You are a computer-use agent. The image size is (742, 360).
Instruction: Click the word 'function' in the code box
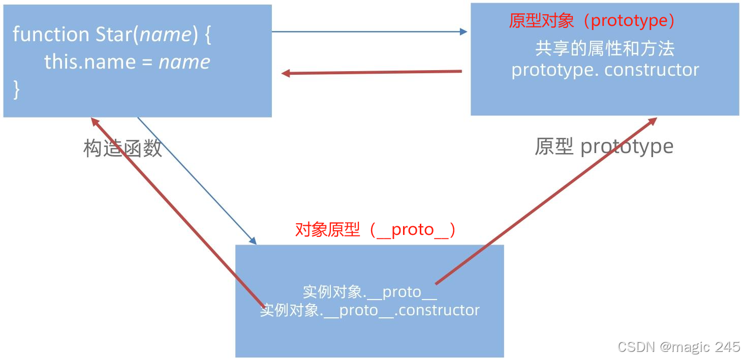(x=51, y=35)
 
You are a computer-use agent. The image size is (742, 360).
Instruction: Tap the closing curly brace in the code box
(x=16, y=89)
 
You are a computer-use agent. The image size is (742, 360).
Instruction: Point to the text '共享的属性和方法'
(x=605, y=49)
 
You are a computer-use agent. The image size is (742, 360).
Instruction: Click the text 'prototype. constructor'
(x=605, y=70)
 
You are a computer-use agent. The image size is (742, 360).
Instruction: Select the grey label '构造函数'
(x=122, y=148)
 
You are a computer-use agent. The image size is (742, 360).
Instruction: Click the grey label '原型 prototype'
(x=604, y=146)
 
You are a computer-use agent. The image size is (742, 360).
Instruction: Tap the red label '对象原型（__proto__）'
(x=376, y=230)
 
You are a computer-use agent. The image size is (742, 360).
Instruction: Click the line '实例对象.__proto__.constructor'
(x=369, y=310)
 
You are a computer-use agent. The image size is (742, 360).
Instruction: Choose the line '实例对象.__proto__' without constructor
(x=369, y=292)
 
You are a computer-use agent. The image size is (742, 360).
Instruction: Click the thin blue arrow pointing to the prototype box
(x=369, y=32)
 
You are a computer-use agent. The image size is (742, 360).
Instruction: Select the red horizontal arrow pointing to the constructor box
(x=372, y=73)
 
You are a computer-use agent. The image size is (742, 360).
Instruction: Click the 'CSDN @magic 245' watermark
(x=678, y=347)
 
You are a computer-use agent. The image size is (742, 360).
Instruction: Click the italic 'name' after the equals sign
(x=184, y=62)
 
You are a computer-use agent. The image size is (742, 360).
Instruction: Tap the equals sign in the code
(x=147, y=62)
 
